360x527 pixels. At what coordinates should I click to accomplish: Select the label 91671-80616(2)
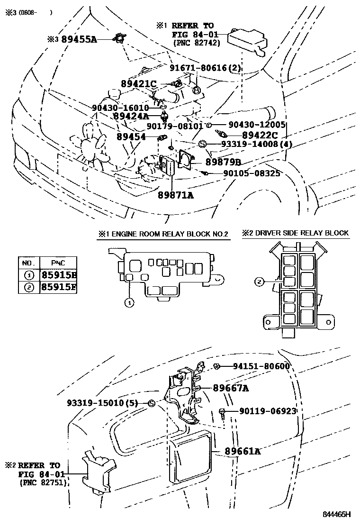coord(206,68)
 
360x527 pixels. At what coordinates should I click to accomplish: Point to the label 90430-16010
coord(121,108)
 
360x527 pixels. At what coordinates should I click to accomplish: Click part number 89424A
coord(131,116)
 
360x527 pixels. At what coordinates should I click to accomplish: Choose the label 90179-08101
coord(175,126)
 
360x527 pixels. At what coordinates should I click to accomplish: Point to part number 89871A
coord(176,194)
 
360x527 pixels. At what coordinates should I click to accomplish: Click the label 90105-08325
coord(252,173)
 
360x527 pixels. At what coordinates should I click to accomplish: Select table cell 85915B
coord(59,275)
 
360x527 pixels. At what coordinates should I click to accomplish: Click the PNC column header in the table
coord(59,263)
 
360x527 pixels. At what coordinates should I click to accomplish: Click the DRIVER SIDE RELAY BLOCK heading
coord(299,233)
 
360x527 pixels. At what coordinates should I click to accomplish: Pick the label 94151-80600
coord(261,366)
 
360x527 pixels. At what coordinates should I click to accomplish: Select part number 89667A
coord(231,388)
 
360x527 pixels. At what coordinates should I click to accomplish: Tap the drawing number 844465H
coord(337,514)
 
